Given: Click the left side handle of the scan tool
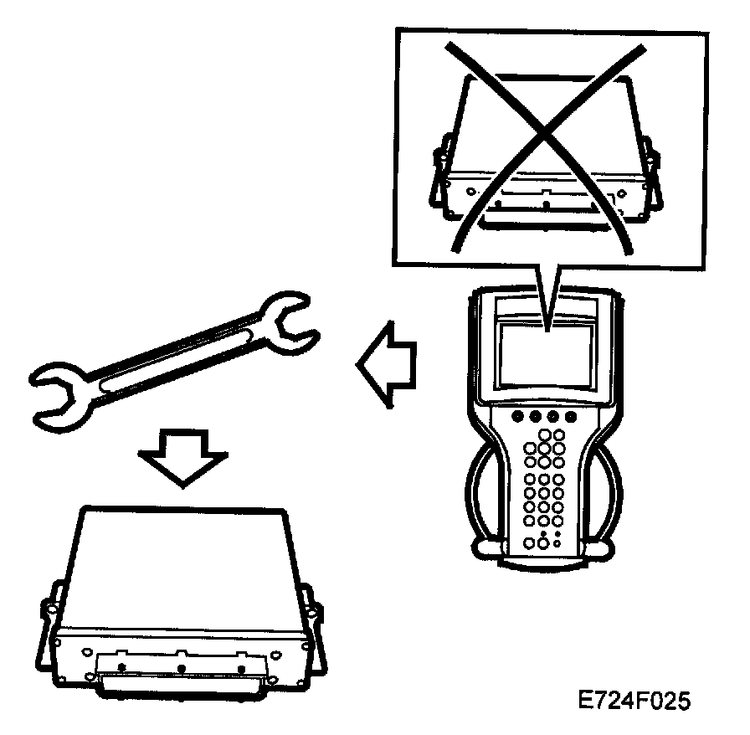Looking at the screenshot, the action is pyautogui.click(x=478, y=502).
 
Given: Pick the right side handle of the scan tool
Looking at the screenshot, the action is pyautogui.click(x=611, y=502).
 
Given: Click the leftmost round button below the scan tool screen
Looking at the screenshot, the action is pyautogui.click(x=515, y=414).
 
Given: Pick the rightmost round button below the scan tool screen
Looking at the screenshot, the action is pyautogui.click(x=572, y=415).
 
